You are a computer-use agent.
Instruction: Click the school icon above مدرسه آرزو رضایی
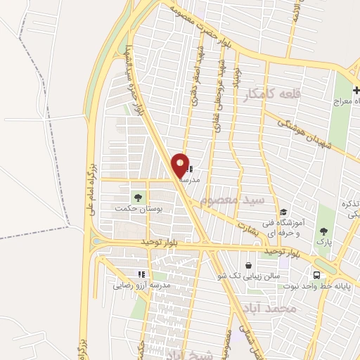point(141,274)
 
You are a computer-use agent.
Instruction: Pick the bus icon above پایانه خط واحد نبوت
point(317,275)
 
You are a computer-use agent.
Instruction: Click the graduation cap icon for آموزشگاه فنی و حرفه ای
point(283,212)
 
